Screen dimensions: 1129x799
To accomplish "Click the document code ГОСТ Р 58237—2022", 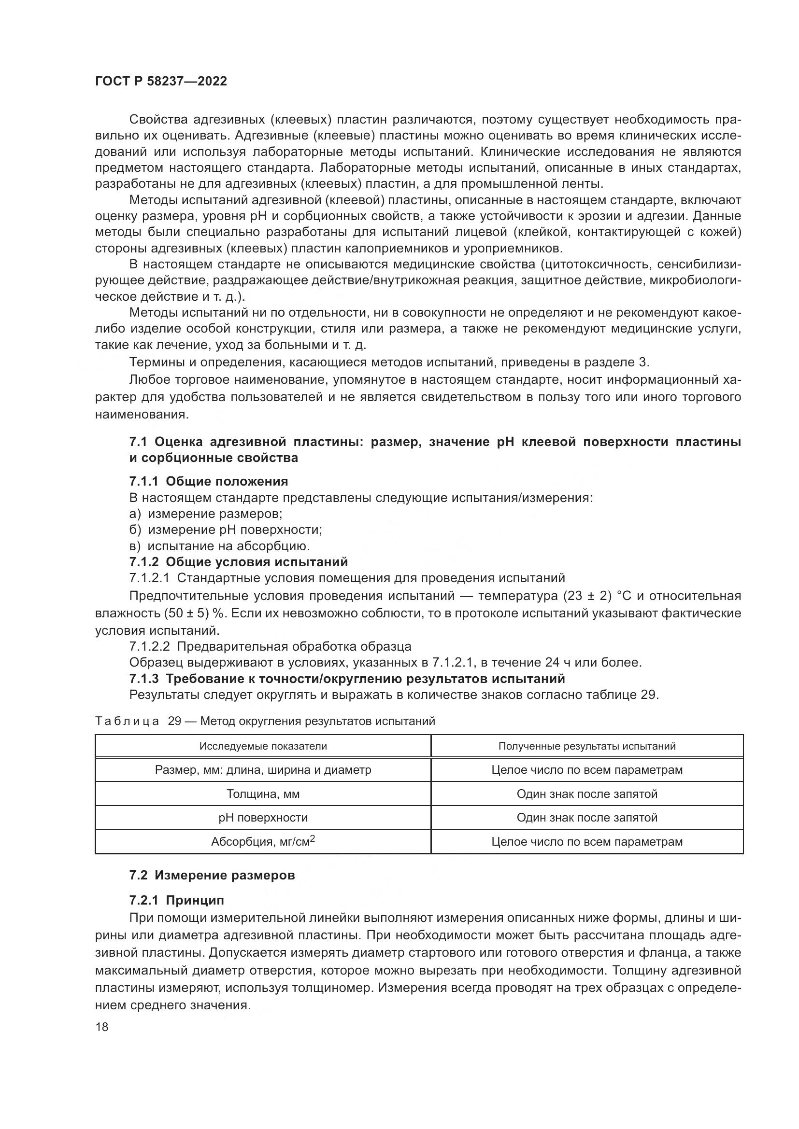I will (x=161, y=82).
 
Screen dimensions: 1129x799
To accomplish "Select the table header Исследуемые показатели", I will (x=263, y=746).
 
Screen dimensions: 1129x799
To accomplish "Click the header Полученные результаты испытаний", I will (x=587, y=746).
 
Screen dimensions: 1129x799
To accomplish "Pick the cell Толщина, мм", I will (x=263, y=794).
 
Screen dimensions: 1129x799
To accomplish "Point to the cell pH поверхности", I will (x=263, y=818).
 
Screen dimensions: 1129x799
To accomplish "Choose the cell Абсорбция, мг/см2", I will (x=263, y=841).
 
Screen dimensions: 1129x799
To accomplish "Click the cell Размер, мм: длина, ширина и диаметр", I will (x=263, y=769).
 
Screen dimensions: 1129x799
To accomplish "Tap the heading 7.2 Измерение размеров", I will (x=212, y=876).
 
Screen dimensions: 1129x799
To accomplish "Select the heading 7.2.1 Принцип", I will (x=177, y=900).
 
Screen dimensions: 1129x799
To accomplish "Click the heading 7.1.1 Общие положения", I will (x=209, y=481).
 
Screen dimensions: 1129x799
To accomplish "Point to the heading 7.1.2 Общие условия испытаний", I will (x=239, y=561).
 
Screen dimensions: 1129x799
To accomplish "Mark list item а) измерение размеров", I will (x=206, y=514).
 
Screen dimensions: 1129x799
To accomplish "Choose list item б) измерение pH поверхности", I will (x=225, y=530).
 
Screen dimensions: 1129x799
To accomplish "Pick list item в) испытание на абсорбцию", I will (x=219, y=546).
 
